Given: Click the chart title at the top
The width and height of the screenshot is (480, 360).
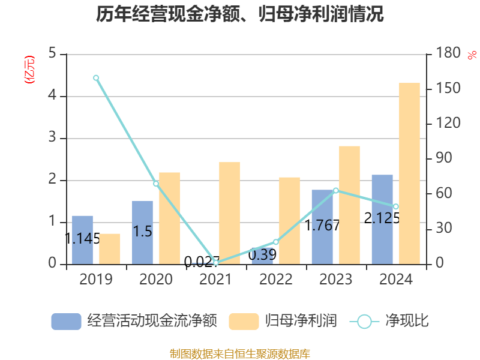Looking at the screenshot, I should pyautogui.click(x=239, y=14).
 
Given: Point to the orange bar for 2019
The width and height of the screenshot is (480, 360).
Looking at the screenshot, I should pyautogui.click(x=110, y=249).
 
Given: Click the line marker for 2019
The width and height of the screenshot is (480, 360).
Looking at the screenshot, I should pyautogui.click(x=96, y=78).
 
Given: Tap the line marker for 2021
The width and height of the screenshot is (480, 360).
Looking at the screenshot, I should pyautogui.click(x=216, y=263).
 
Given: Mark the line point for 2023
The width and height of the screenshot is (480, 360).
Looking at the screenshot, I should pyautogui.click(x=336, y=191).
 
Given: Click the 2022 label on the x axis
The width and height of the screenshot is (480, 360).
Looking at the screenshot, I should pyautogui.click(x=276, y=280).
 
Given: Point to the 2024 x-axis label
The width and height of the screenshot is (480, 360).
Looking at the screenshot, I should pyautogui.click(x=396, y=280).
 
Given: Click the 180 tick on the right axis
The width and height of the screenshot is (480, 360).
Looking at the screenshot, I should pyautogui.click(x=449, y=54).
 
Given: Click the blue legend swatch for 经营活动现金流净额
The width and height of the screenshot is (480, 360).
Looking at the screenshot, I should pyautogui.click(x=66, y=322).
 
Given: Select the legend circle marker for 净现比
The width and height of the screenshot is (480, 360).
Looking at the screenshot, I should pyautogui.click(x=364, y=322).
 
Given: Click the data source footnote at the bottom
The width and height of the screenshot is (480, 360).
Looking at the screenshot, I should pyautogui.click(x=239, y=354).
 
